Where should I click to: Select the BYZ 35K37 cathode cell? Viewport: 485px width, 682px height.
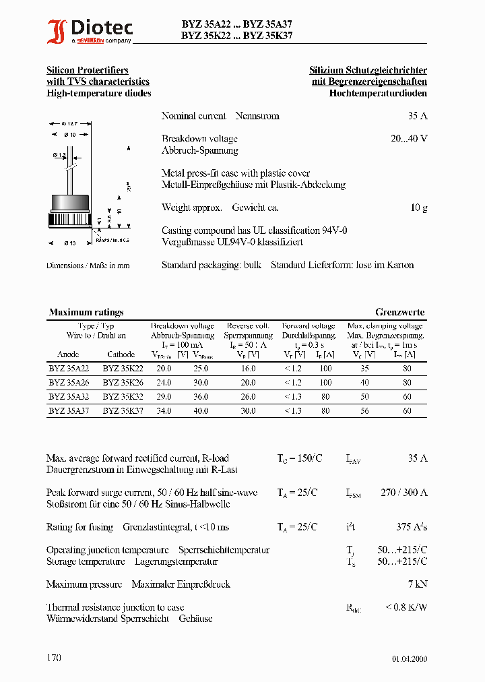(123, 410)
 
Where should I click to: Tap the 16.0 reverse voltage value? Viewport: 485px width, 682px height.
(249, 369)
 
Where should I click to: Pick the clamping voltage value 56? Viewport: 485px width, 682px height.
(364, 410)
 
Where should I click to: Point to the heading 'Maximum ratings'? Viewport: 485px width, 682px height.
(86, 313)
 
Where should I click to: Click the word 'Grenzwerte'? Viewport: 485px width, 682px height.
(400, 313)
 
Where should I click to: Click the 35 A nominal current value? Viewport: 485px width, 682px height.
(418, 116)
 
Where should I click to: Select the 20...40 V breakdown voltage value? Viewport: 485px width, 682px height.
(409, 139)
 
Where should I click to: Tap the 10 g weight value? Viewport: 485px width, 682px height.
(418, 208)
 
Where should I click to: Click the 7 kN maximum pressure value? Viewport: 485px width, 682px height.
(418, 584)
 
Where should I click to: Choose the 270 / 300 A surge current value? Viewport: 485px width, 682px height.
(403, 493)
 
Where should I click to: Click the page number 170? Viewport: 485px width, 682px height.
(54, 658)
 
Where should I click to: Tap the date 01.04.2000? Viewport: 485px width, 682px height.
(409, 659)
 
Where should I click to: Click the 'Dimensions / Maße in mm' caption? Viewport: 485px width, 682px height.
(88, 266)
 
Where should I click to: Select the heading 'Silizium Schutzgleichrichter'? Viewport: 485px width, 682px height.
(368, 71)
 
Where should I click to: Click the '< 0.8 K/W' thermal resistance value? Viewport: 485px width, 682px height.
(406, 607)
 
